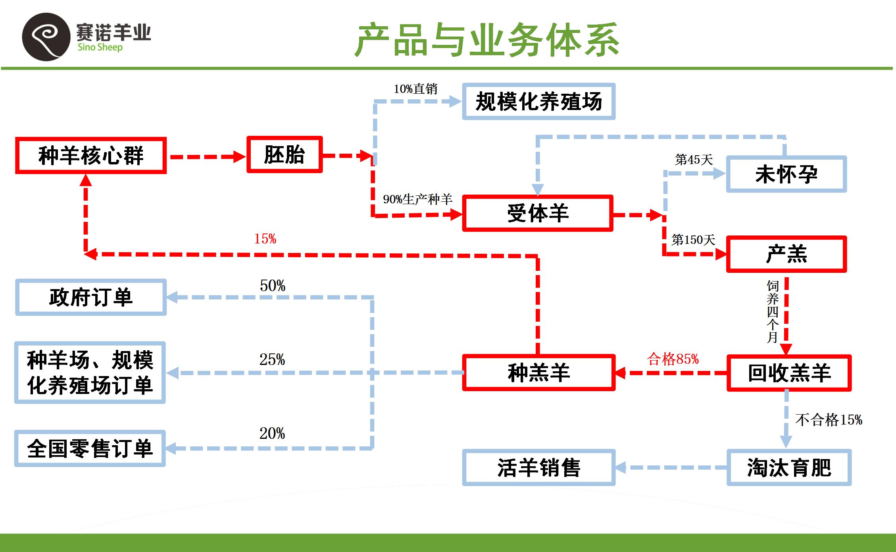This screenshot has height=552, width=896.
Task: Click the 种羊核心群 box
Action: [90, 156]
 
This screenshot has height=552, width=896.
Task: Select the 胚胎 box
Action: [285, 155]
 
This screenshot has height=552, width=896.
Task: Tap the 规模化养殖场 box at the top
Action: [538, 102]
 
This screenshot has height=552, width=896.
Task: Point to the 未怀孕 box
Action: [786, 174]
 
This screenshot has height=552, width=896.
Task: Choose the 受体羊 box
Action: [538, 213]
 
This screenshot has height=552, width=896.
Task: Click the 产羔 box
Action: [786, 254]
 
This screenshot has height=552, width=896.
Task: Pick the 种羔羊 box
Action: [538, 373]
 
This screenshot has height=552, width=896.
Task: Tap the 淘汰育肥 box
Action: [789, 467]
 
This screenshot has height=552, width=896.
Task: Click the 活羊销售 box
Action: [538, 467]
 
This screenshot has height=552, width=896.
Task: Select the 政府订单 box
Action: [90, 297]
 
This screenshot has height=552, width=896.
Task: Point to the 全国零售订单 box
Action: [90, 448]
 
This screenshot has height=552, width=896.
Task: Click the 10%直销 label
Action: [415, 89]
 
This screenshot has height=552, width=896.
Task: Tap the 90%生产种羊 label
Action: [417, 199]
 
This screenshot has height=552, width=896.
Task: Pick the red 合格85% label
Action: [673, 359]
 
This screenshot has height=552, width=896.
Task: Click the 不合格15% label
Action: [829, 420]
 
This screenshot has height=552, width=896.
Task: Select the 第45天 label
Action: [694, 160]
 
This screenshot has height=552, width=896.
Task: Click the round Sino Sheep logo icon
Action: [46, 37]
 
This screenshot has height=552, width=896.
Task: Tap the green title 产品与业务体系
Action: [486, 40]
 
